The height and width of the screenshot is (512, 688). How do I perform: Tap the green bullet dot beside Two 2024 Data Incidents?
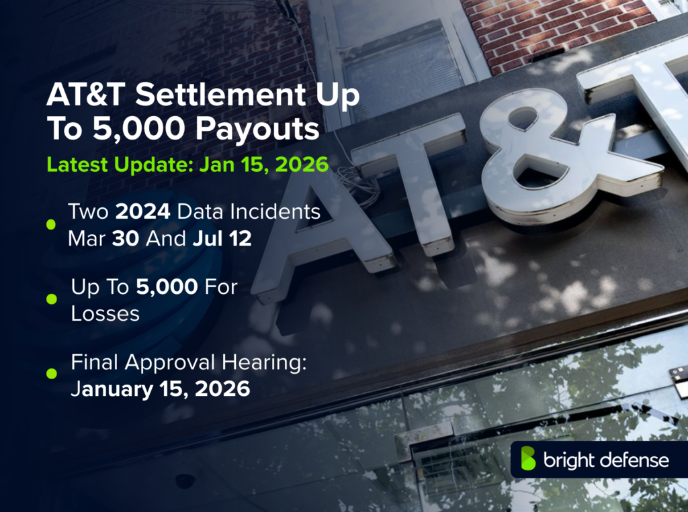coord(51,225)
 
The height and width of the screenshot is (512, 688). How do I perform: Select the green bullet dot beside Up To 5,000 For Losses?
coord(51,299)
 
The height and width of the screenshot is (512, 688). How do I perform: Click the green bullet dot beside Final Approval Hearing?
coord(51,374)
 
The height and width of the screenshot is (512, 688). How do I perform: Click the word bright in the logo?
coord(568,460)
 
